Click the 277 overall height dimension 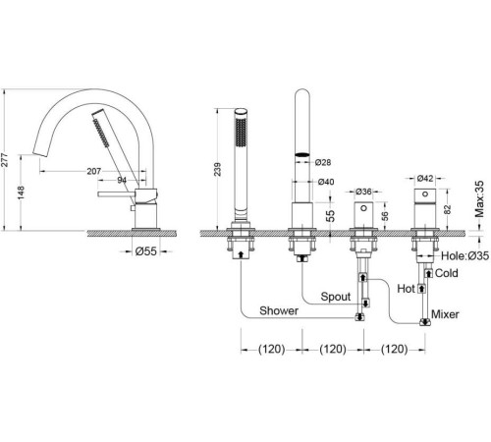[5, 160]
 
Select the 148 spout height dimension [21, 193]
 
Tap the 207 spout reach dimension [94, 171]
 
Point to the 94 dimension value [122, 180]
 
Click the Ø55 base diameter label [146, 251]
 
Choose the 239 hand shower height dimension [218, 169]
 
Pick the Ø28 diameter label [323, 162]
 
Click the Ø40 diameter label [326, 182]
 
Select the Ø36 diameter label [363, 192]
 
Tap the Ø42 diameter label [425, 178]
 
